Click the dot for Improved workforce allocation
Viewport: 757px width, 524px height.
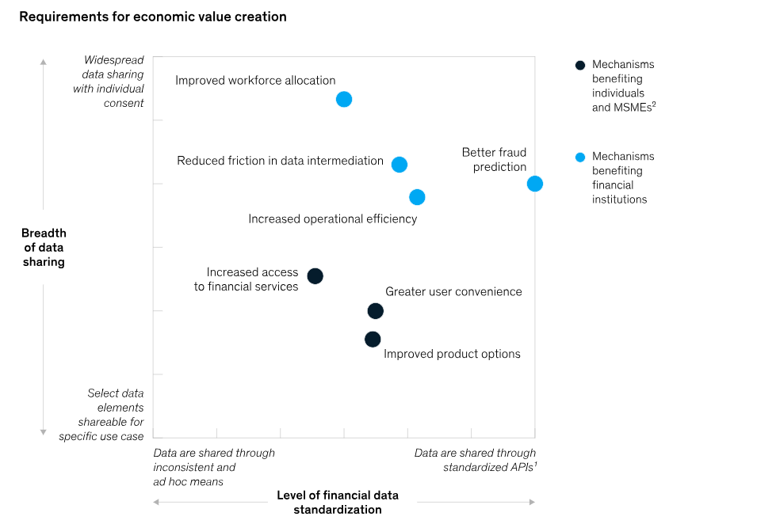click(343, 99)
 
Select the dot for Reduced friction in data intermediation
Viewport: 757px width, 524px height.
click(400, 165)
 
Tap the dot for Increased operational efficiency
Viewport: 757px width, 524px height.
click(417, 197)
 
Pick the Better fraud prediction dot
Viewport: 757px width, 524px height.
click(535, 184)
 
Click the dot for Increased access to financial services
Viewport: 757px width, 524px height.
click(315, 276)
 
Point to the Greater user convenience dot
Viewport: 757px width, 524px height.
click(376, 311)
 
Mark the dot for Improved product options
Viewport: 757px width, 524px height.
click(373, 340)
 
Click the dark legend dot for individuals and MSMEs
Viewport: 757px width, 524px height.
click(580, 65)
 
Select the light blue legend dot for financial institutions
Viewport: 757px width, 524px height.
click(580, 157)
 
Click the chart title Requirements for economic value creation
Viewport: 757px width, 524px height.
click(153, 17)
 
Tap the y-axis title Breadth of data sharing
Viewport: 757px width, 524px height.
click(44, 247)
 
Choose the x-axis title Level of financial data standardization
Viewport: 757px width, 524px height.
click(338, 503)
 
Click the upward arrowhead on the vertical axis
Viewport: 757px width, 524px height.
click(44, 61)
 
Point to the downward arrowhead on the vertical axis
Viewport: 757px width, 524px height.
click(44, 432)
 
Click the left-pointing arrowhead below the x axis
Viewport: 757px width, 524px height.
click(156, 502)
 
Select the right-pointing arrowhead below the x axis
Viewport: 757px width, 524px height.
click(532, 502)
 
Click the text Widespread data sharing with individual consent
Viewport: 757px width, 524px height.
click(109, 82)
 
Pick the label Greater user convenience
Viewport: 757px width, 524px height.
click(453, 291)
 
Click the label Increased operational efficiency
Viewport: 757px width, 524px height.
click(332, 218)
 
